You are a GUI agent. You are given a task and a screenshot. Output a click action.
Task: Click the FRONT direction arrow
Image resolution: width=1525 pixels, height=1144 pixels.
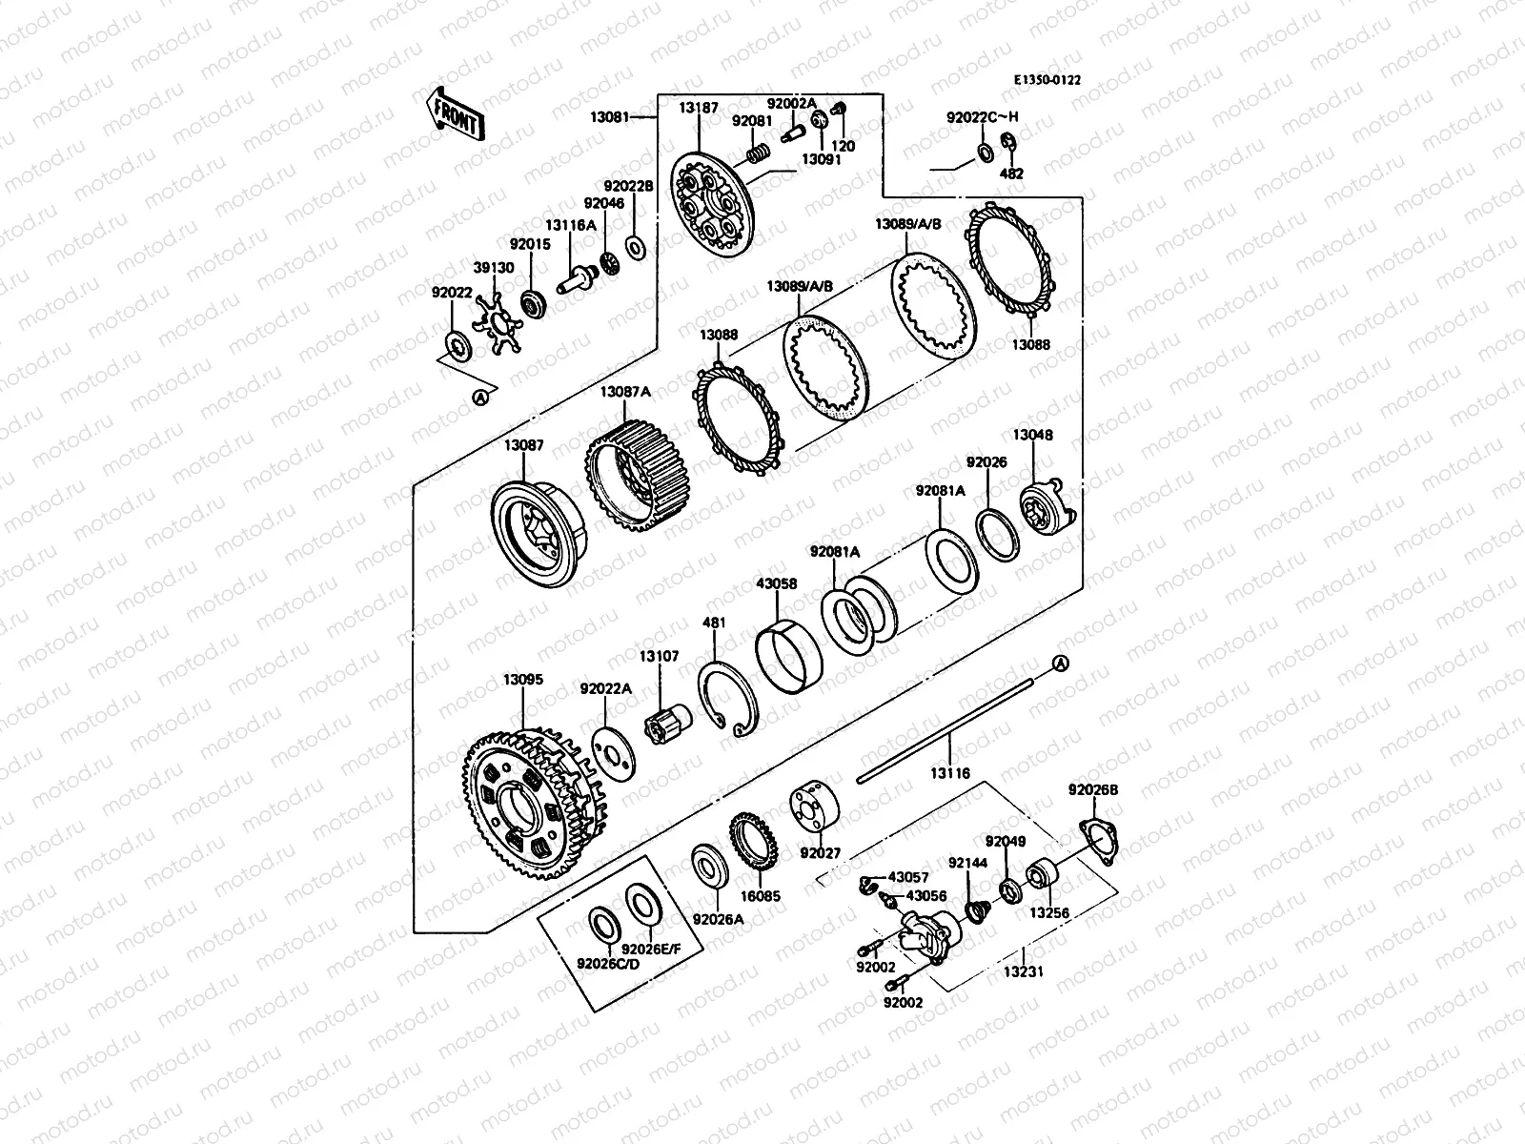[455, 114]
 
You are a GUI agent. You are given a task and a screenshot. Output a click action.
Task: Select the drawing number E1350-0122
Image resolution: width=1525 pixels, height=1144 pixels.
[1047, 81]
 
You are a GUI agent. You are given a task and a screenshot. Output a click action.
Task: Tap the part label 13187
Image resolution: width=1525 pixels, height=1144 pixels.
[699, 109]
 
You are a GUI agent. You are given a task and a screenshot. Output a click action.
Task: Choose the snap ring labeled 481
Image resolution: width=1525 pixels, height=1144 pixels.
[728, 699]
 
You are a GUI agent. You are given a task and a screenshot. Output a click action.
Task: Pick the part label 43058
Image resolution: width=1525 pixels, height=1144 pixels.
[776, 584]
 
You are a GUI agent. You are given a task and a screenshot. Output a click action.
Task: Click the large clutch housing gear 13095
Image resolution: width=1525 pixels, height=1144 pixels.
[535, 803]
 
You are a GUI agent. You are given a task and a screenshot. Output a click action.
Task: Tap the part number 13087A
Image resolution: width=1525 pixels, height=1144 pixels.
[625, 393]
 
